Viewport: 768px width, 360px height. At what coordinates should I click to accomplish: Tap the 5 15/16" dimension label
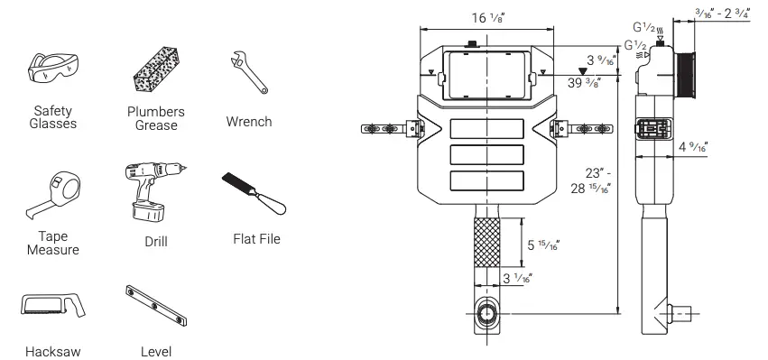point(544,244)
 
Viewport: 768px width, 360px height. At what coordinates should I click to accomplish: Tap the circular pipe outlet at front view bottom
point(487,318)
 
